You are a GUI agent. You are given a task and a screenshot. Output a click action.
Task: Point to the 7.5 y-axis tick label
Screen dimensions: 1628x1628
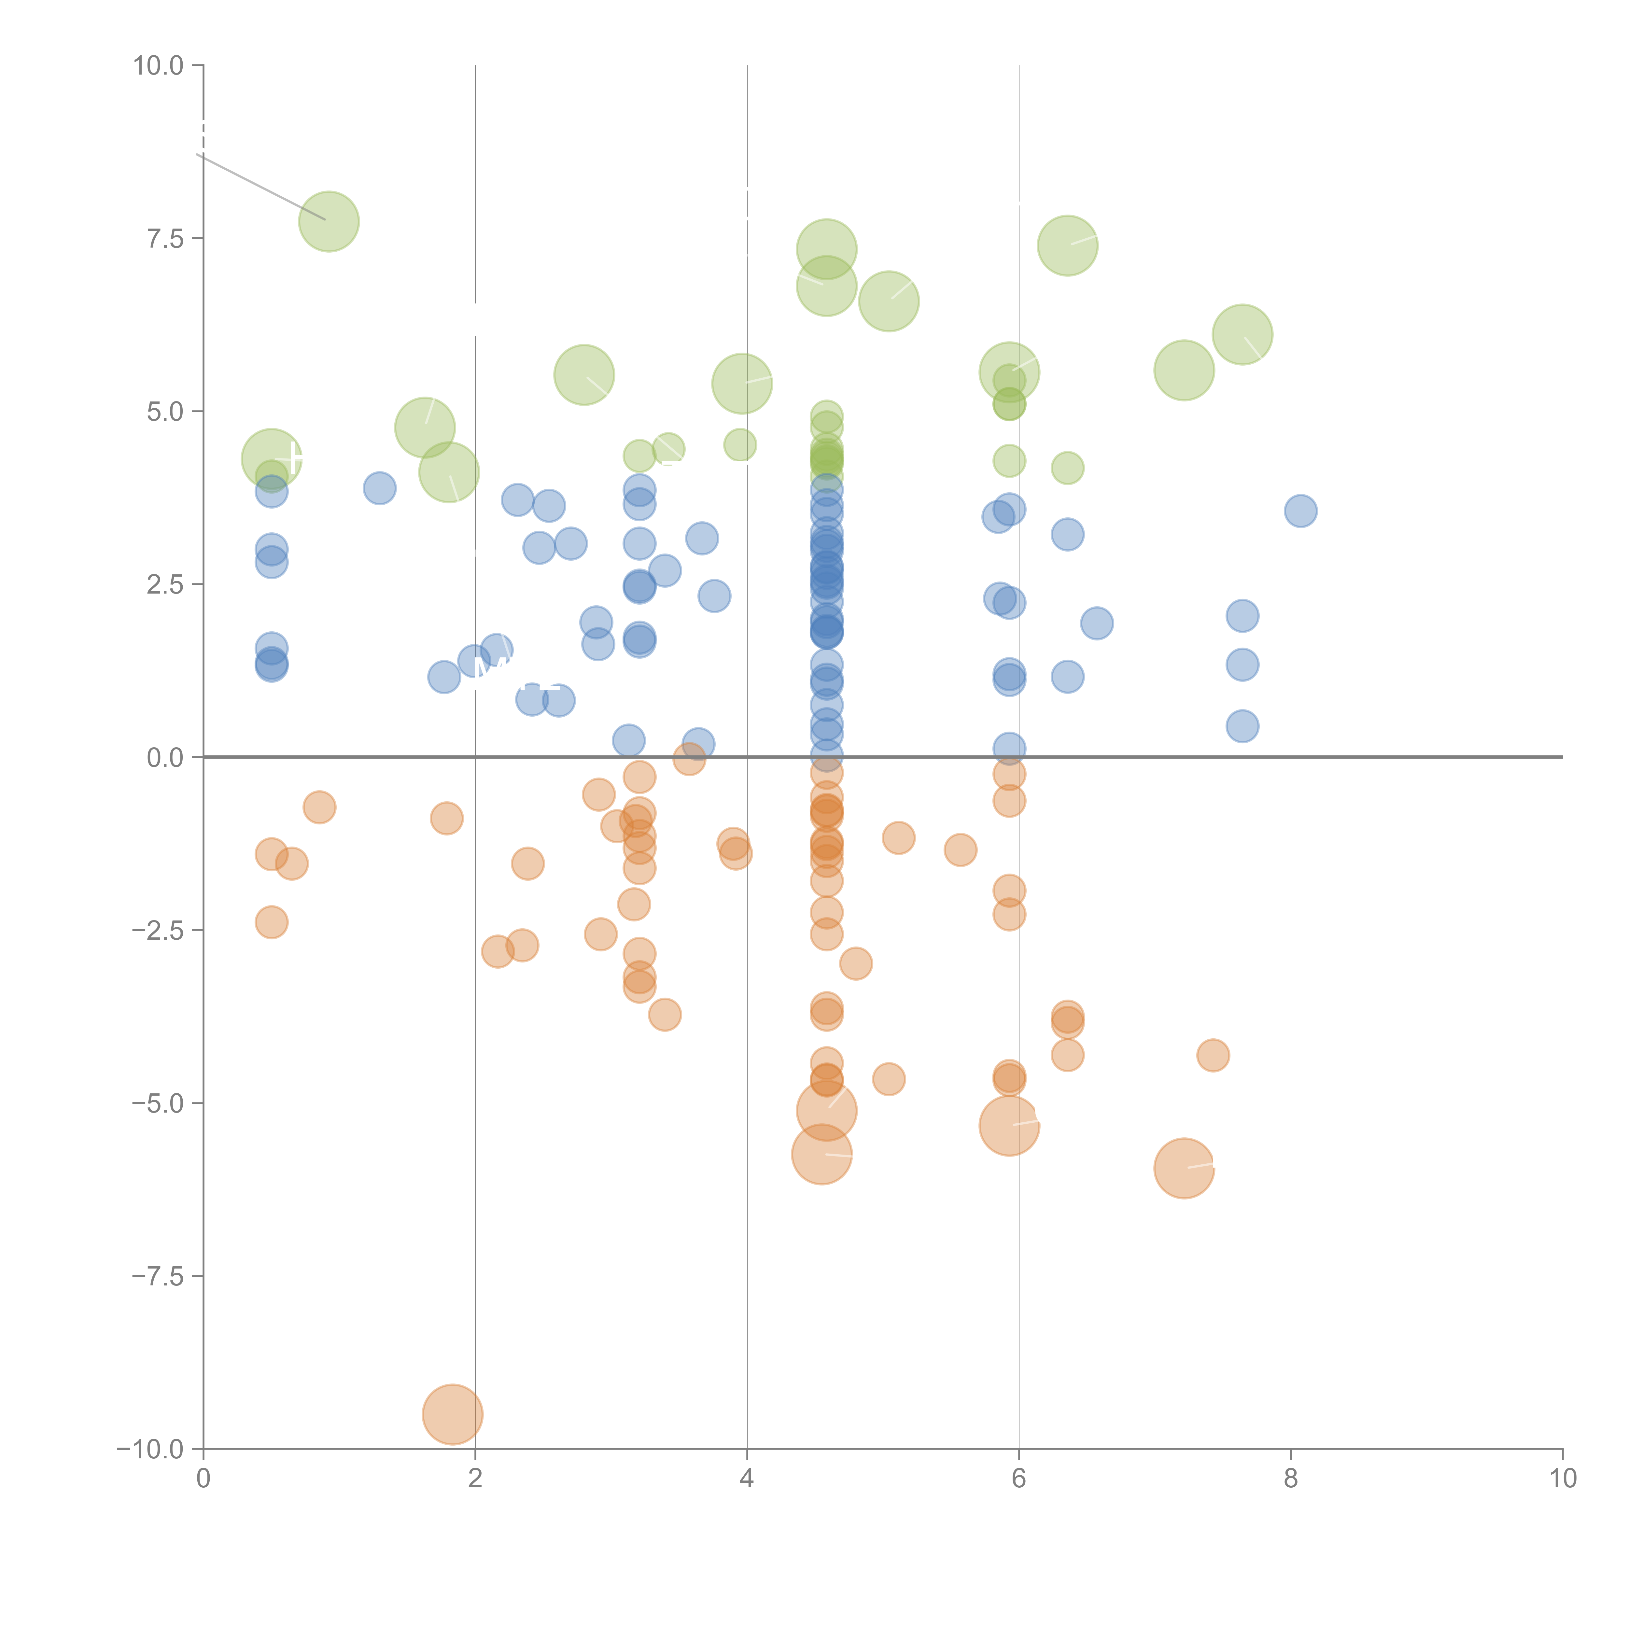[165, 238]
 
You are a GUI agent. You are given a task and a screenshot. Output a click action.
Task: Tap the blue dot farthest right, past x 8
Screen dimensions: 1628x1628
[1300, 511]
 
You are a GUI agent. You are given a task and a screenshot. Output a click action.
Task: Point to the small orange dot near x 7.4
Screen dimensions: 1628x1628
[1213, 1055]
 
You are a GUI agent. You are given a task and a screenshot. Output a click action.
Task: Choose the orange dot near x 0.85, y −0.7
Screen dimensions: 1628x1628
[319, 807]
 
